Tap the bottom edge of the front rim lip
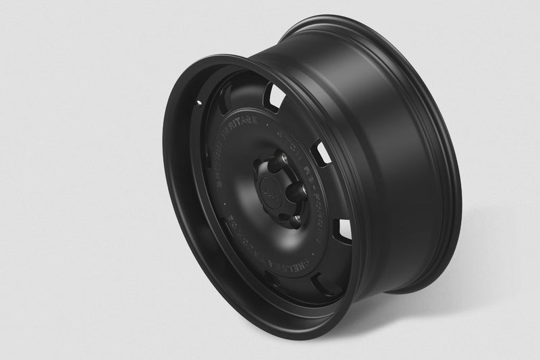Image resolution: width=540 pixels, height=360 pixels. click(283, 317)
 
